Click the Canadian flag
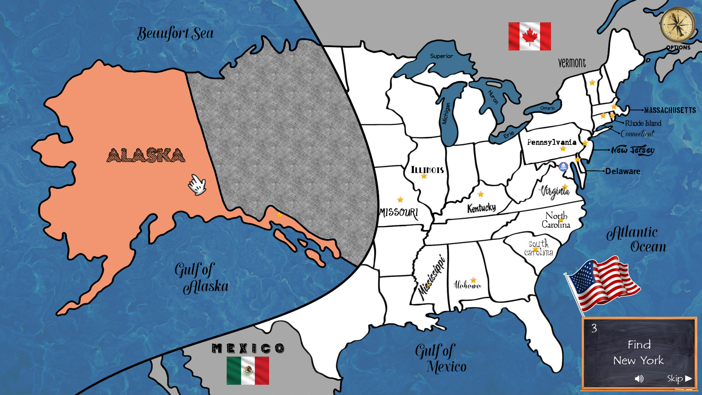[x=529, y=36]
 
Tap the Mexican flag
[x=248, y=370]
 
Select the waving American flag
[x=603, y=283]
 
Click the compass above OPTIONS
[x=678, y=25]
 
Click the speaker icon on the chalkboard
[x=639, y=379]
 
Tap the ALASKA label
[x=146, y=155]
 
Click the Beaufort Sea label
[x=175, y=34]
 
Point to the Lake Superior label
[x=441, y=56]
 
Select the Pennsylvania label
[x=551, y=142]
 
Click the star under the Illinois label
[x=424, y=176]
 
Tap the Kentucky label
[x=481, y=208]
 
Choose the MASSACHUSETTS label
[x=670, y=110]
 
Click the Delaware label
[x=622, y=171]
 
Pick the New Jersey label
[x=633, y=150]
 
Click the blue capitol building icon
[x=563, y=167]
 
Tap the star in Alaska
[x=279, y=215]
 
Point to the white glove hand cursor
[x=197, y=185]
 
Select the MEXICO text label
[x=248, y=348]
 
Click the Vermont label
[x=572, y=63]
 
